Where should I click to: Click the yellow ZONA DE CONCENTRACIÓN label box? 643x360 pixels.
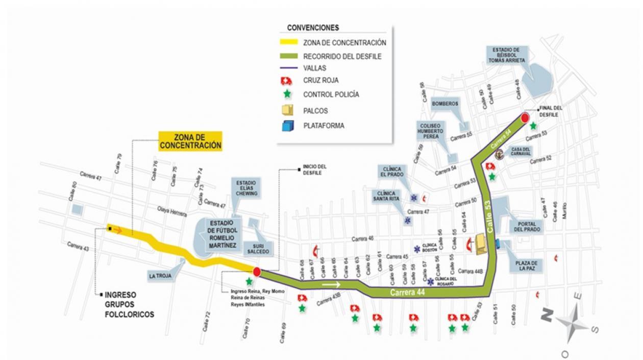191,140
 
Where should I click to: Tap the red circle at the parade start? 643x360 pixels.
257,271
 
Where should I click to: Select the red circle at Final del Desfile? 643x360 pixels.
525,118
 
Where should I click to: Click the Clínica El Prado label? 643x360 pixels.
391,173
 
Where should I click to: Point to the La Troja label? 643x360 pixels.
160,276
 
